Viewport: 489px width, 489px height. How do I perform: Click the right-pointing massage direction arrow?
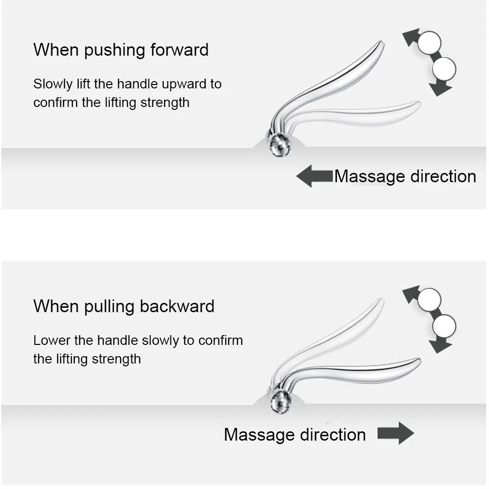tap(395, 433)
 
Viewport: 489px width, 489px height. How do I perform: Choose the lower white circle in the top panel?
tap(445, 69)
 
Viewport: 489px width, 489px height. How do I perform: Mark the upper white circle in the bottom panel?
tap(429, 298)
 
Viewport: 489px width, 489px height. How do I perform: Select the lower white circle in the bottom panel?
tap(445, 325)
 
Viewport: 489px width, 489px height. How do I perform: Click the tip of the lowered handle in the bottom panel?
tap(418, 361)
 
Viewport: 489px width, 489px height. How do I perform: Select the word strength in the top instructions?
tap(165, 103)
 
